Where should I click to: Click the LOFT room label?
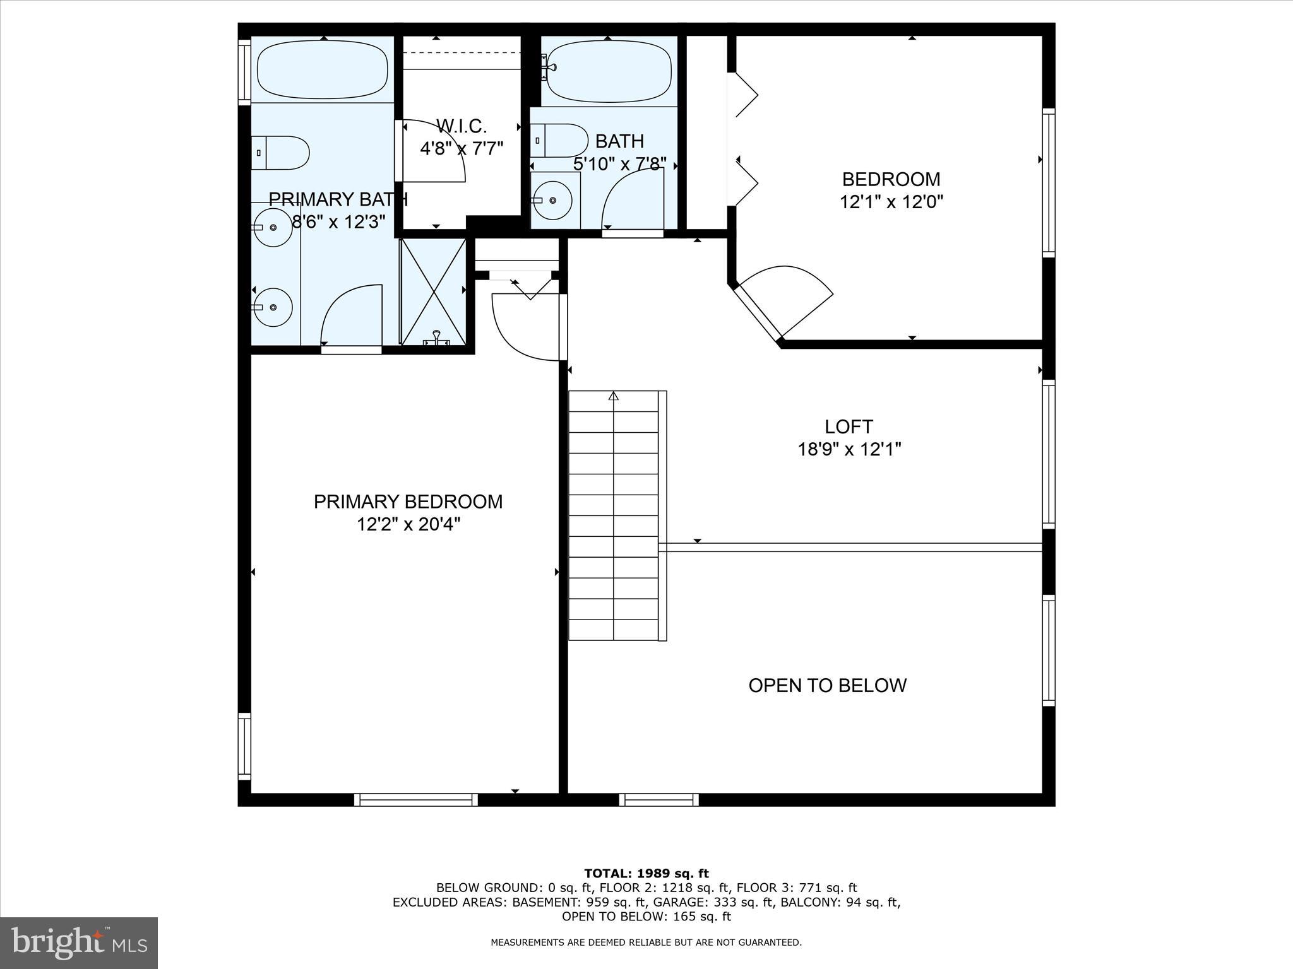[849, 427]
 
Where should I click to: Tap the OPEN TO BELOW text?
[827, 685]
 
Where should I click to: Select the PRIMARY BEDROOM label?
[408, 502]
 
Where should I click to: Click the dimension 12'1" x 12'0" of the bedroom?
[891, 202]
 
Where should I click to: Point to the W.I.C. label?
[462, 126]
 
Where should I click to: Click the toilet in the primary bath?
[281, 153]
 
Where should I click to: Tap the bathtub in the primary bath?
[323, 69]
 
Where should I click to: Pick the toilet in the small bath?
[559, 140]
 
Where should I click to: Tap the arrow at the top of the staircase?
[614, 396]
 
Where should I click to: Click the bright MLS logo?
[79, 943]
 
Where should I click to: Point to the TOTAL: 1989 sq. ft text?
[646, 874]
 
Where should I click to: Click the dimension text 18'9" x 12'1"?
[849, 450]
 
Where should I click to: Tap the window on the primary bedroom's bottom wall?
[415, 799]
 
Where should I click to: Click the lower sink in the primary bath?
[273, 307]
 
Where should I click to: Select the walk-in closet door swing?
[436, 151]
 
